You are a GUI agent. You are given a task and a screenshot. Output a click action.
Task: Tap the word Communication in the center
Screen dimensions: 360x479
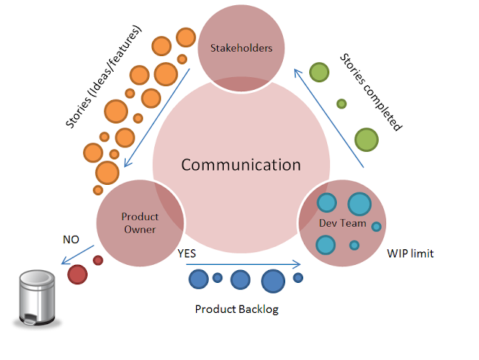(x=240, y=165)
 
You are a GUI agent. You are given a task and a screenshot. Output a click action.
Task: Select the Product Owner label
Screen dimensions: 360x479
(x=139, y=223)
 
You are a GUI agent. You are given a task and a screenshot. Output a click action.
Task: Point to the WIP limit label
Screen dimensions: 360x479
(x=410, y=254)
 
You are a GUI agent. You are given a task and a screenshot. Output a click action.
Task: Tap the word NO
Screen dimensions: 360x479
(x=71, y=240)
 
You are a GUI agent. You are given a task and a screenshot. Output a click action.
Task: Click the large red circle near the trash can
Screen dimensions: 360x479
(x=77, y=274)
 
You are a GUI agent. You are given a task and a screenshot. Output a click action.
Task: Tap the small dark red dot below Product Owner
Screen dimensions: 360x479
(x=97, y=260)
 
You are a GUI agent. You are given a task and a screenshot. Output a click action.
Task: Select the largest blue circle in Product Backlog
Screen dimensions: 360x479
(x=272, y=280)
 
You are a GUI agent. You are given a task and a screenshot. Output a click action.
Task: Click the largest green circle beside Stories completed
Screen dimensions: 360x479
(x=366, y=139)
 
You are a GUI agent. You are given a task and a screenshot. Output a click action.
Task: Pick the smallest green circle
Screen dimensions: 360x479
(x=341, y=103)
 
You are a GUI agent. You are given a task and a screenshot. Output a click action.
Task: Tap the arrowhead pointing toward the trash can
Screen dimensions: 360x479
(x=63, y=262)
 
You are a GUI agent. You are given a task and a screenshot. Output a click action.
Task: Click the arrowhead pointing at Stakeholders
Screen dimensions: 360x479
(x=296, y=72)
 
